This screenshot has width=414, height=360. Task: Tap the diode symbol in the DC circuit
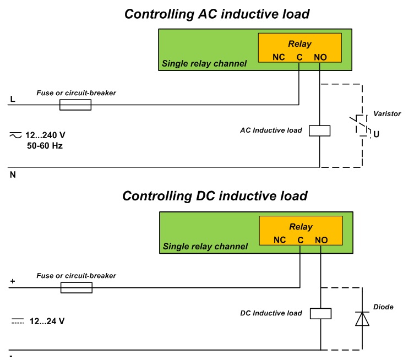click(x=362, y=319)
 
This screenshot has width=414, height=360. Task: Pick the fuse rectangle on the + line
click(x=75, y=287)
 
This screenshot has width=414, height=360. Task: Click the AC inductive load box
click(x=319, y=130)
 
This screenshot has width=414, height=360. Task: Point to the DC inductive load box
click(x=319, y=313)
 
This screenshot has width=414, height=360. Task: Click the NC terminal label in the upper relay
click(x=279, y=57)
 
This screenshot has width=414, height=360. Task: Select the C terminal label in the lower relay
click(x=300, y=239)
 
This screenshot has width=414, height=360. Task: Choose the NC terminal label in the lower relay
click(x=279, y=239)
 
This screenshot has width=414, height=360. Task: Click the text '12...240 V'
click(x=49, y=135)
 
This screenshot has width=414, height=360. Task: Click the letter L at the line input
click(x=12, y=100)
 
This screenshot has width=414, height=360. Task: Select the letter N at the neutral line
click(x=12, y=175)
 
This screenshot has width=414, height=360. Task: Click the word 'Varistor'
click(x=387, y=113)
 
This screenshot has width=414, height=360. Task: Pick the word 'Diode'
click(x=383, y=307)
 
